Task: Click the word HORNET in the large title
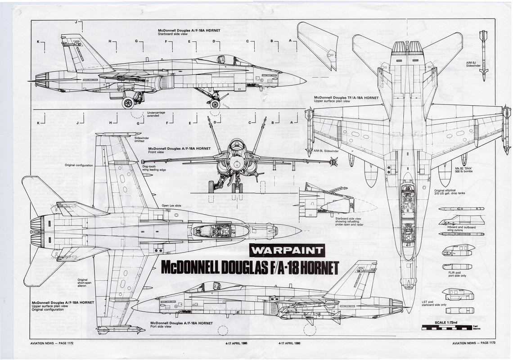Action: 310,267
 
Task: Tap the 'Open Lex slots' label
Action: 171,206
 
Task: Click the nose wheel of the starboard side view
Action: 215,104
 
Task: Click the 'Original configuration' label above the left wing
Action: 79,165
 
